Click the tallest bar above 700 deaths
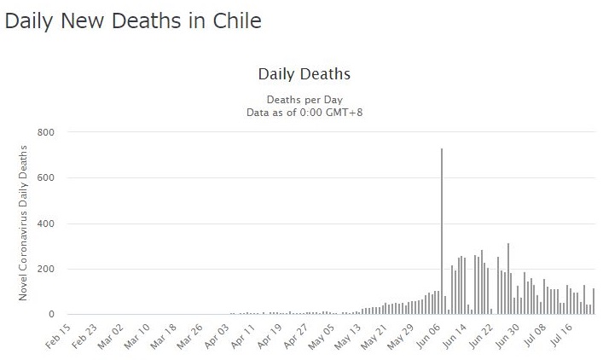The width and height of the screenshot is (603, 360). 441,231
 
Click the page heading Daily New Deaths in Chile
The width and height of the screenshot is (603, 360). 133,21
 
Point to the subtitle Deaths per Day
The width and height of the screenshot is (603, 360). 304,99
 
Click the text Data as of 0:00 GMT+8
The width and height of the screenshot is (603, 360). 304,112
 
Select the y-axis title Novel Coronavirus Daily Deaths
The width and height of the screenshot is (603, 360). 24,224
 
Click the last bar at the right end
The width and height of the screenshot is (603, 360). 594,301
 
